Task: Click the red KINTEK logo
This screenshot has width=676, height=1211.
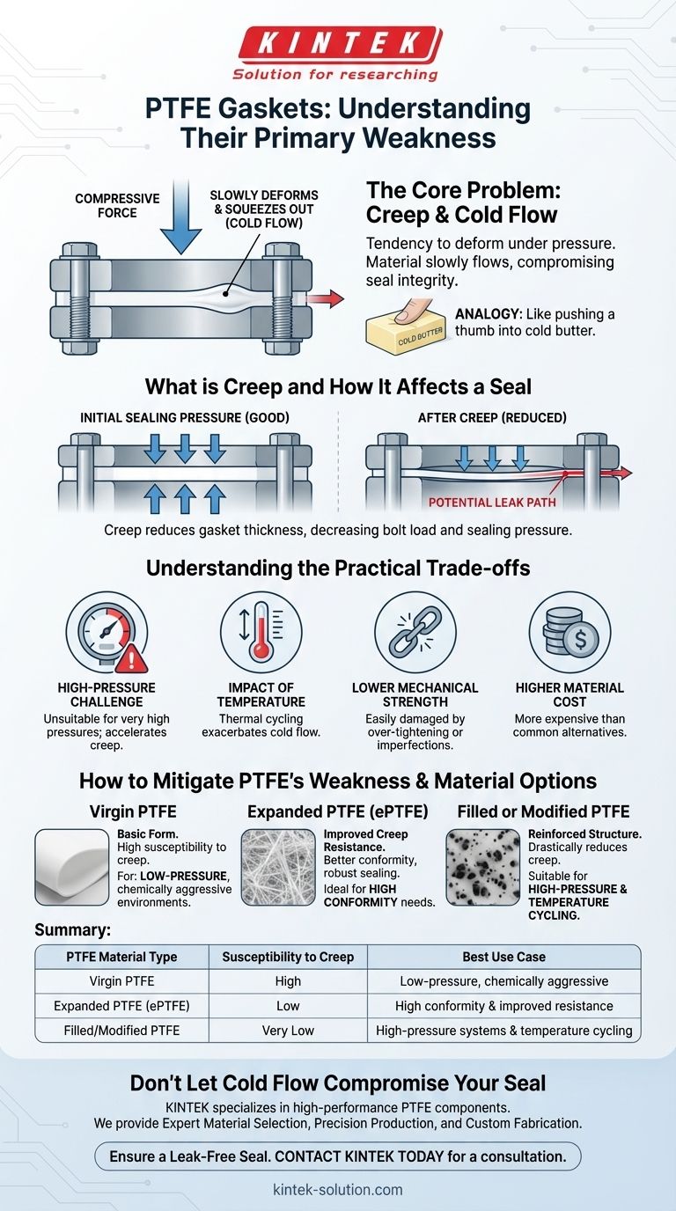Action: [338, 41]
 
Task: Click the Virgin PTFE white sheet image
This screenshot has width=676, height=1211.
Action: [72, 867]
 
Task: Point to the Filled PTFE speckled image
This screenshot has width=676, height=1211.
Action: [482, 867]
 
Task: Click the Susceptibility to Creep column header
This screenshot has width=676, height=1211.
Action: [287, 957]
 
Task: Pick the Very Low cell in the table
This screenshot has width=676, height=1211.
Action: [287, 1030]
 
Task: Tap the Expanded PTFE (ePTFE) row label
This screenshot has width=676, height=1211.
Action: [122, 1005]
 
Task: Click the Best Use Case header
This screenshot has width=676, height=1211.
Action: [503, 957]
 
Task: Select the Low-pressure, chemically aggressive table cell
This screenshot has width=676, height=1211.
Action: [503, 981]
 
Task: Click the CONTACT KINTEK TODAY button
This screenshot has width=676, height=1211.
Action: [338, 1156]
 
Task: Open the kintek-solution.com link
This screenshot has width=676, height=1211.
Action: [338, 1190]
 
